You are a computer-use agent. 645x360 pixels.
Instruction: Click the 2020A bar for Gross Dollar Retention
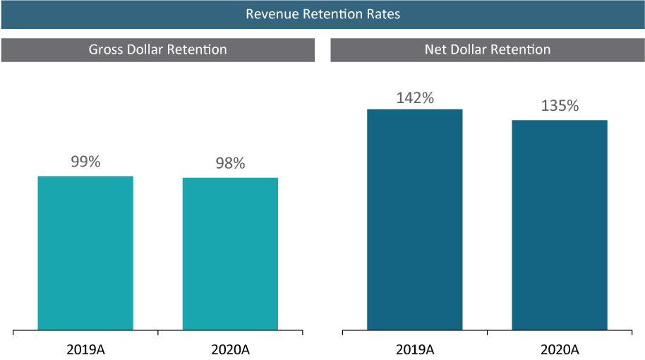pos(230,253)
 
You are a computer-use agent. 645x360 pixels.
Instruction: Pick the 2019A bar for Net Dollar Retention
pos(415,220)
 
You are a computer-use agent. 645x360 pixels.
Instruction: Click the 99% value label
pos(85,162)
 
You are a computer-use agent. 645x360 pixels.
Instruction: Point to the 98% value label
pos(230,164)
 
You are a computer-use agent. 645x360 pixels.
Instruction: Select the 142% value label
pos(415,99)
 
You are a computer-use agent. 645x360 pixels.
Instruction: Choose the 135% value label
pos(560,107)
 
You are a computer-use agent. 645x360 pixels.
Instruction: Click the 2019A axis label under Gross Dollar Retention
pos(85,349)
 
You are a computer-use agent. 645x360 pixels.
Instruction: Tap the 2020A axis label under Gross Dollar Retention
pos(230,349)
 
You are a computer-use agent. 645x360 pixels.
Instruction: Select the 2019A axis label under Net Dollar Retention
pos(415,349)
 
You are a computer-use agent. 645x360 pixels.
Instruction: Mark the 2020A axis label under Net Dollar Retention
pos(560,349)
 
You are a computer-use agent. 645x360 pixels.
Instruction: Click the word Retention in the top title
pos(330,14)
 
